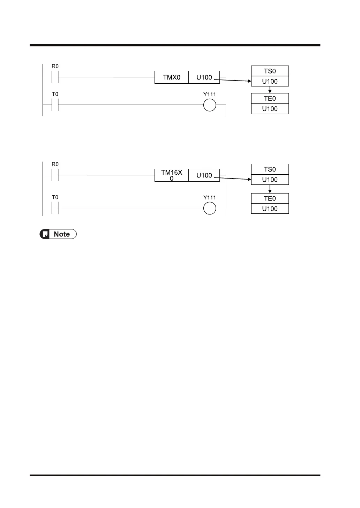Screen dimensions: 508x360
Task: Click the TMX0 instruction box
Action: [172, 77]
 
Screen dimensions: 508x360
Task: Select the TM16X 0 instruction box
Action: [172, 175]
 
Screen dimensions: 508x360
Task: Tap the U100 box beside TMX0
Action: [204, 77]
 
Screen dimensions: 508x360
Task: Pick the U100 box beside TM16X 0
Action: [204, 175]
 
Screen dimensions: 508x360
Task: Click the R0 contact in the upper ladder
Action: [55, 77]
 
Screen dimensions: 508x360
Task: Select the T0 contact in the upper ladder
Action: [55, 105]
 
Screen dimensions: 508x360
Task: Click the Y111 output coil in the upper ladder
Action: [210, 105]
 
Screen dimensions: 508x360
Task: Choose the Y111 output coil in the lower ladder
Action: [210, 208]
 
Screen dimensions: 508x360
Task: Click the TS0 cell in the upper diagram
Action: [270, 71]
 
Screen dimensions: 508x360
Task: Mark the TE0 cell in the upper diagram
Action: [270, 98]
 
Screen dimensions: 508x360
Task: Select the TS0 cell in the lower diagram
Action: [270, 169]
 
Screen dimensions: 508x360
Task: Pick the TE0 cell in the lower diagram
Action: [270, 198]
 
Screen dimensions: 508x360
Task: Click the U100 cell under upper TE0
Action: [270, 109]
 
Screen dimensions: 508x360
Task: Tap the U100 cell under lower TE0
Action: [270, 209]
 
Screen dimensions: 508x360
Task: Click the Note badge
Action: [58, 234]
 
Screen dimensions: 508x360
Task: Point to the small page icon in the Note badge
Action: [45, 234]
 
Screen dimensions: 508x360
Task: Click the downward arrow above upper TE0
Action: [270, 90]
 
